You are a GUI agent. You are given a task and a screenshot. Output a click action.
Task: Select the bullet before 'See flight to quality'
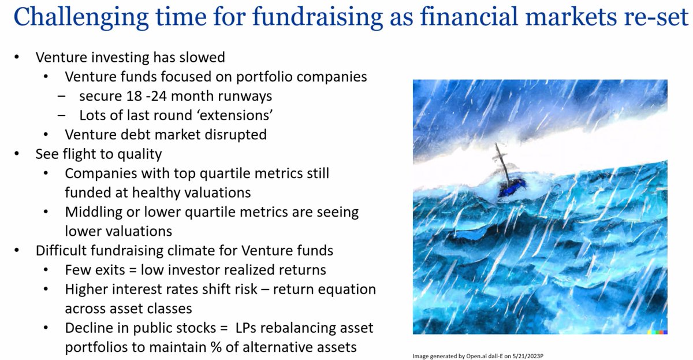[18, 154]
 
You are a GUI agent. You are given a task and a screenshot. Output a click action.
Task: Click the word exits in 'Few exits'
[106, 270]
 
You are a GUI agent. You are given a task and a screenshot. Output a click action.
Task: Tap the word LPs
[247, 328]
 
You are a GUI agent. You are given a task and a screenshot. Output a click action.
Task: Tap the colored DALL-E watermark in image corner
[658, 331]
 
